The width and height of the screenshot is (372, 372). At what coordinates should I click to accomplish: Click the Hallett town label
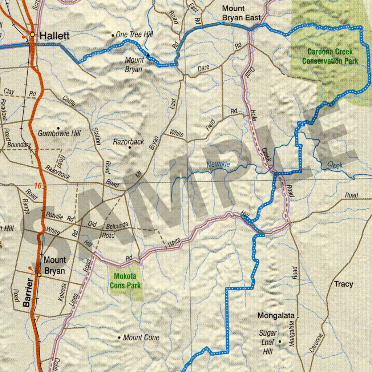[54, 36]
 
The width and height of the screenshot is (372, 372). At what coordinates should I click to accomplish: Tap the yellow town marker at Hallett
[33, 35]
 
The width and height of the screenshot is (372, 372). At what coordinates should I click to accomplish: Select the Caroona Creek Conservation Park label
[330, 57]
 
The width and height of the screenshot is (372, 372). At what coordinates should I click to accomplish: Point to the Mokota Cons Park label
[125, 281]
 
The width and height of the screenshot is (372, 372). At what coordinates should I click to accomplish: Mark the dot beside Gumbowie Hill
[58, 128]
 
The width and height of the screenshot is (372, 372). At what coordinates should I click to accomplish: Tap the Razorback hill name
[129, 142]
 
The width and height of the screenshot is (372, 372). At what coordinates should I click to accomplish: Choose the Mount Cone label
[141, 337]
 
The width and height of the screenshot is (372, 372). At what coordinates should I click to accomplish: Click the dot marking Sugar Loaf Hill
[280, 341]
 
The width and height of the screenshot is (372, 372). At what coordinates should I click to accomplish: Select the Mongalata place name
[276, 316]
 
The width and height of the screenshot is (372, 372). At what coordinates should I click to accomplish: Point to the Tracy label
[343, 284]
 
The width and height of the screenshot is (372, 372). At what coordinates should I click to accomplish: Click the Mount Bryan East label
[241, 13]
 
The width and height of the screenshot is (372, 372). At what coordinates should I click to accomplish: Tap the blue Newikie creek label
[218, 165]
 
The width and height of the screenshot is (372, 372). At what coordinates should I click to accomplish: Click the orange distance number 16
[38, 186]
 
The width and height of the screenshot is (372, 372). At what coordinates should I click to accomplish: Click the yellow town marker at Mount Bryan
[39, 275]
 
